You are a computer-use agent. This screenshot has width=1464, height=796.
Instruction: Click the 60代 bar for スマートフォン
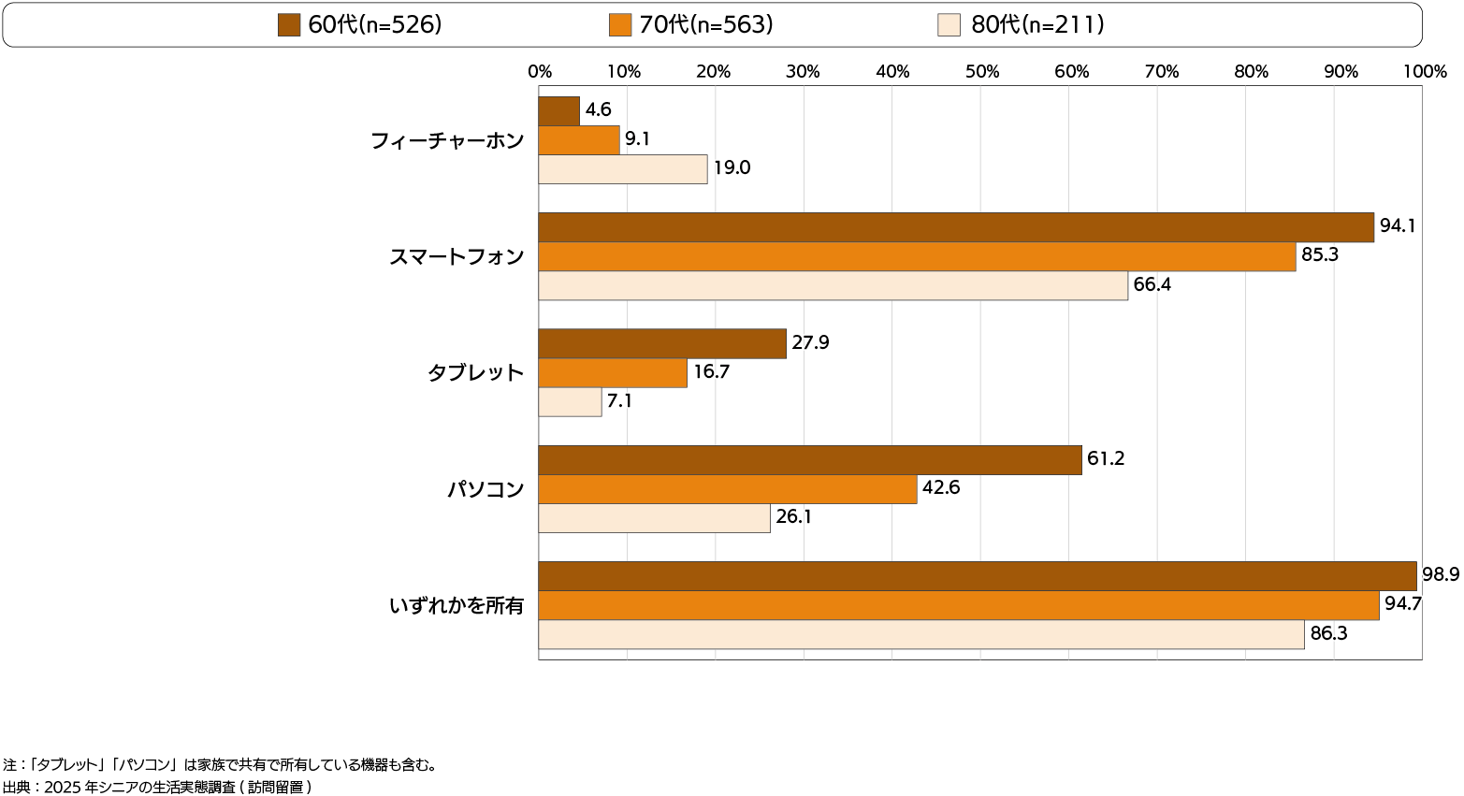tap(956, 227)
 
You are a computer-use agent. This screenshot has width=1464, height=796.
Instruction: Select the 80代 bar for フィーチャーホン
tap(623, 169)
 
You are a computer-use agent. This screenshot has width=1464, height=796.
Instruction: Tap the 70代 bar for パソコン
tap(728, 489)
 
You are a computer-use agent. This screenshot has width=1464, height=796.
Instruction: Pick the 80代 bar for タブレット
tap(570, 402)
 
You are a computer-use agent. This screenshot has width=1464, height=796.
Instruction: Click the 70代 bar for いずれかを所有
tap(959, 605)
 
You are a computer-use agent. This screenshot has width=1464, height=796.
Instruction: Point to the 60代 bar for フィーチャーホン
tap(559, 111)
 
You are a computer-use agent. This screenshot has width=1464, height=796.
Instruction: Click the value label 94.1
tap(1397, 226)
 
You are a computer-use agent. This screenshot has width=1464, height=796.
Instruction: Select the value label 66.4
tap(1152, 284)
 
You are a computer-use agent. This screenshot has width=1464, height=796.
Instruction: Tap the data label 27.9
tap(810, 342)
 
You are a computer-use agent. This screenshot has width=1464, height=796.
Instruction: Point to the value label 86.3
tap(1328, 633)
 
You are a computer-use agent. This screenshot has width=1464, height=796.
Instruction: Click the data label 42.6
tap(941, 487)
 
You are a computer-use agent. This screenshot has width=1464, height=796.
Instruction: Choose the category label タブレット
tap(475, 373)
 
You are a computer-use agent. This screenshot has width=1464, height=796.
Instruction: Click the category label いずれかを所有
tap(457, 605)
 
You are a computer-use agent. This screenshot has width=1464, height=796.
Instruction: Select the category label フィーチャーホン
tap(447, 141)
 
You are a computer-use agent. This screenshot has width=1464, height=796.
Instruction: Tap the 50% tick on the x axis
tap(982, 72)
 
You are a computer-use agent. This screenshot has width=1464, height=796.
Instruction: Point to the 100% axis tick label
tap(1425, 72)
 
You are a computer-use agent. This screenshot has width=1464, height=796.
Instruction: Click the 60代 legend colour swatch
tap(289, 25)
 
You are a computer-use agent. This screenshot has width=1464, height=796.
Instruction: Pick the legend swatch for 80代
tap(949, 25)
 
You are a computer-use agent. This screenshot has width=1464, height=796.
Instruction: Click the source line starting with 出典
tap(156, 787)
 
